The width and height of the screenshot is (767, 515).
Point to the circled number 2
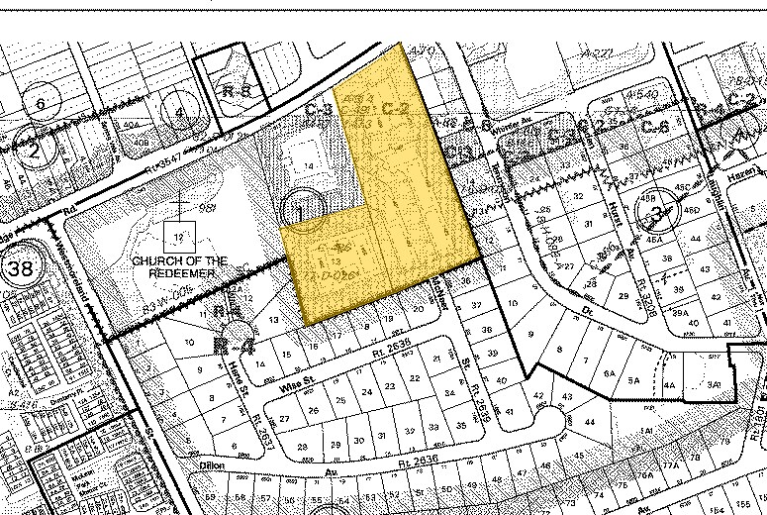(x=37, y=151)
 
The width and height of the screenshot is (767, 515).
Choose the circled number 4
(x=179, y=112)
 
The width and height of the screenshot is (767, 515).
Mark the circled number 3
(x=656, y=207)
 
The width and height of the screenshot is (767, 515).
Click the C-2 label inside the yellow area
(x=395, y=107)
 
